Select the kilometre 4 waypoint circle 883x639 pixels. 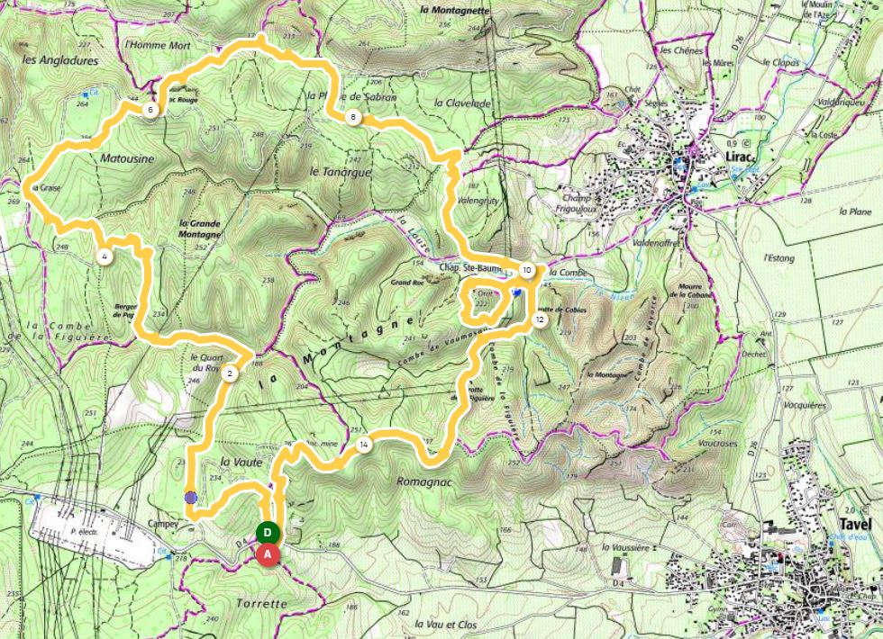[105, 256]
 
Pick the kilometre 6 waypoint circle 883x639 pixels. [150, 111]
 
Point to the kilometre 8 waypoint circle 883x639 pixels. [354, 117]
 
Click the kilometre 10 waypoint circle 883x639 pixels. [526, 269]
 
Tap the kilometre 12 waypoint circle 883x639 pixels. [539, 319]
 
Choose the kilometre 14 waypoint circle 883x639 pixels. [363, 445]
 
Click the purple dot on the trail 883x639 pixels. [191, 496]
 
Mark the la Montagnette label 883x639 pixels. [454, 11]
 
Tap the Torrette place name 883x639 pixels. [264, 603]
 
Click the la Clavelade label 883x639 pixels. [463, 103]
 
